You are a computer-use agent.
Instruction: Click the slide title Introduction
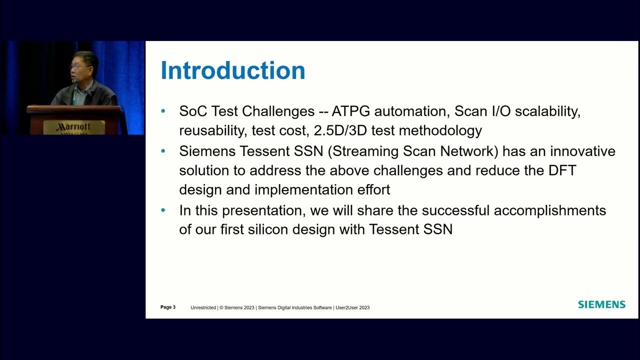232,70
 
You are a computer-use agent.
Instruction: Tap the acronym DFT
562,170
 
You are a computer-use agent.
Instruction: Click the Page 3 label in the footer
168,307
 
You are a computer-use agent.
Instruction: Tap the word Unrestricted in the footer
203,307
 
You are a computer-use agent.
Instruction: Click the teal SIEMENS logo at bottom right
601,304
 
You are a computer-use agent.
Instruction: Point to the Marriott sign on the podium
73,127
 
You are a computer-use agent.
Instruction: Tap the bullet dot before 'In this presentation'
163,210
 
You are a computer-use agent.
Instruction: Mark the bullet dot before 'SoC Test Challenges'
163,111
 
